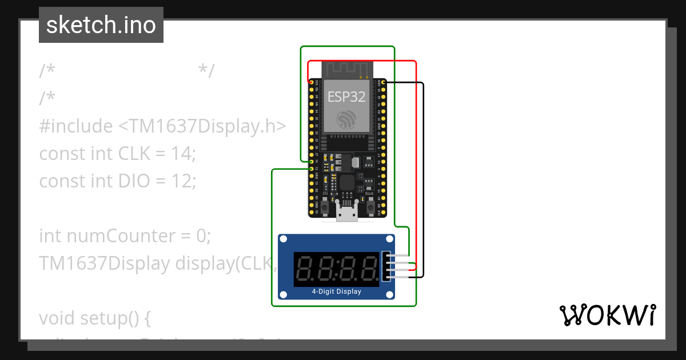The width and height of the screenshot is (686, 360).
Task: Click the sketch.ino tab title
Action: point(101,25)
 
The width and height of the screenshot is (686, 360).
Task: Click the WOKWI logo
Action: point(607,315)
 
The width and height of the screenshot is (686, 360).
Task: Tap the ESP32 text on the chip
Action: point(346,97)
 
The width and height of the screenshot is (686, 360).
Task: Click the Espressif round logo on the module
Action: point(346,119)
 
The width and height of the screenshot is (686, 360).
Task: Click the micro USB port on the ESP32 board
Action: point(346,213)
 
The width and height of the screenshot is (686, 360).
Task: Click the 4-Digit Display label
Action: point(336,291)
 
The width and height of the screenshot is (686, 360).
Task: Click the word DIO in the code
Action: point(133,181)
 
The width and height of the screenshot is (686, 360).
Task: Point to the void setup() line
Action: point(95,318)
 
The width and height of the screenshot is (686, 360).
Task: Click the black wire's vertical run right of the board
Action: point(424,183)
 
